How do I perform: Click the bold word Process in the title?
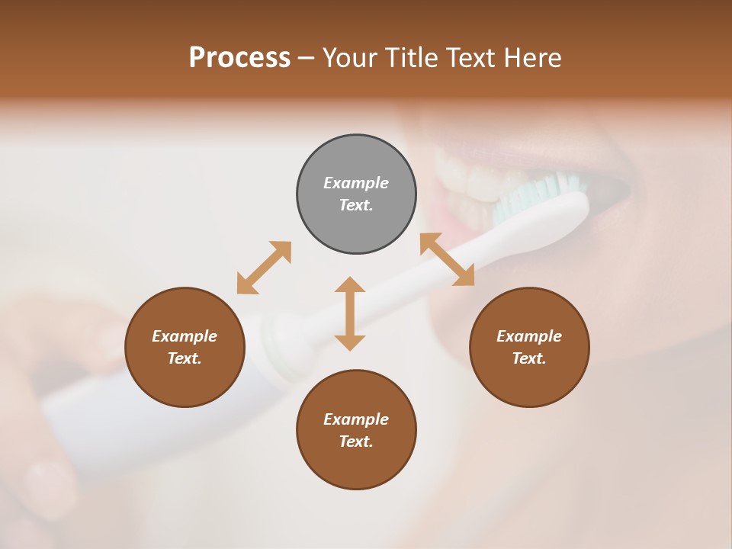[x=239, y=58]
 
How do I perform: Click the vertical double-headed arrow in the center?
[x=350, y=313]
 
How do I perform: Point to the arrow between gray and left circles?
[x=264, y=268]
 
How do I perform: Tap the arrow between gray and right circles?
[x=447, y=259]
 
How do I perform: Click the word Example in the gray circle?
[x=356, y=183]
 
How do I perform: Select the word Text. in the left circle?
[x=185, y=358]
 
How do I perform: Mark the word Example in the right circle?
[x=529, y=336]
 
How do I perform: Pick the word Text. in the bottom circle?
[x=356, y=441]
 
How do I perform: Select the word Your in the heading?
[x=350, y=58]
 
